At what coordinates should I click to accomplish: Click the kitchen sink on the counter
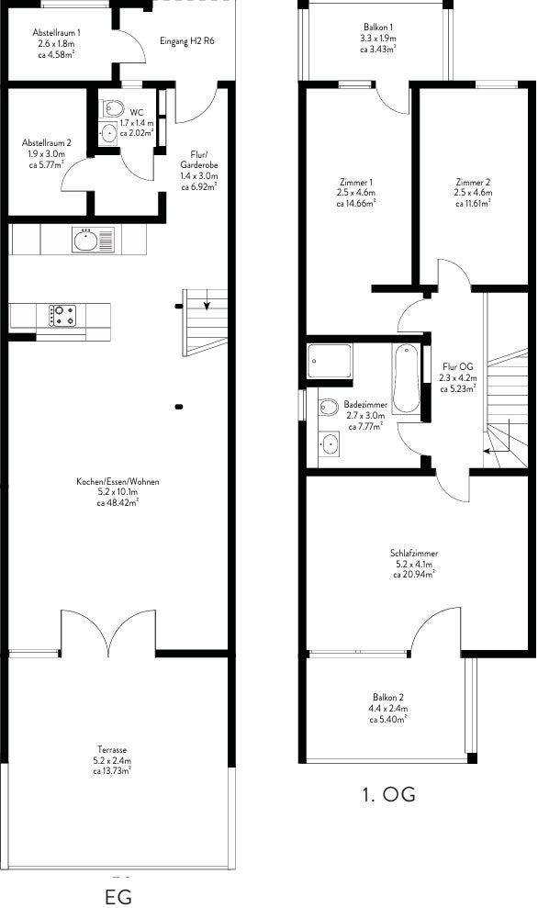pyautogui.click(x=94, y=240)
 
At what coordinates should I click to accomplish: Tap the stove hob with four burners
pyautogui.click(x=63, y=315)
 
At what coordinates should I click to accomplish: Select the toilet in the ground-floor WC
pyautogui.click(x=112, y=108)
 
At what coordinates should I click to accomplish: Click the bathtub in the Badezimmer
pyautogui.click(x=406, y=378)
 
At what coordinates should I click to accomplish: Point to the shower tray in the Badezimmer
pyautogui.click(x=329, y=361)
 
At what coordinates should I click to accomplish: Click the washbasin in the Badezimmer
pyautogui.click(x=329, y=444)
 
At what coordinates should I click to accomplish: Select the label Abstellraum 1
pyautogui.click(x=56, y=33)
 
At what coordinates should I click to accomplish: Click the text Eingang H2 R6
pyautogui.click(x=187, y=41)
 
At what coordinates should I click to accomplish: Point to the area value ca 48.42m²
pyautogui.click(x=118, y=502)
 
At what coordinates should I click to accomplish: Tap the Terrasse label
pyautogui.click(x=112, y=750)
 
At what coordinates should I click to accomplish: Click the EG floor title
pyautogui.click(x=118, y=896)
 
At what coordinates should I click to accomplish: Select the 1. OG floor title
pyautogui.click(x=388, y=794)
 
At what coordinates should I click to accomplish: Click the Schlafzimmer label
pyautogui.click(x=414, y=553)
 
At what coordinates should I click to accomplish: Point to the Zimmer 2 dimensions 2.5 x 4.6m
pyautogui.click(x=473, y=193)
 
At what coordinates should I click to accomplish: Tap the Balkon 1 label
pyautogui.click(x=379, y=28)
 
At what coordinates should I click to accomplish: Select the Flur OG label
pyautogui.click(x=457, y=366)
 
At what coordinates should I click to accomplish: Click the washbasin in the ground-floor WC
pyautogui.click(x=108, y=132)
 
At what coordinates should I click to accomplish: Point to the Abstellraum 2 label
pyautogui.click(x=47, y=142)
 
